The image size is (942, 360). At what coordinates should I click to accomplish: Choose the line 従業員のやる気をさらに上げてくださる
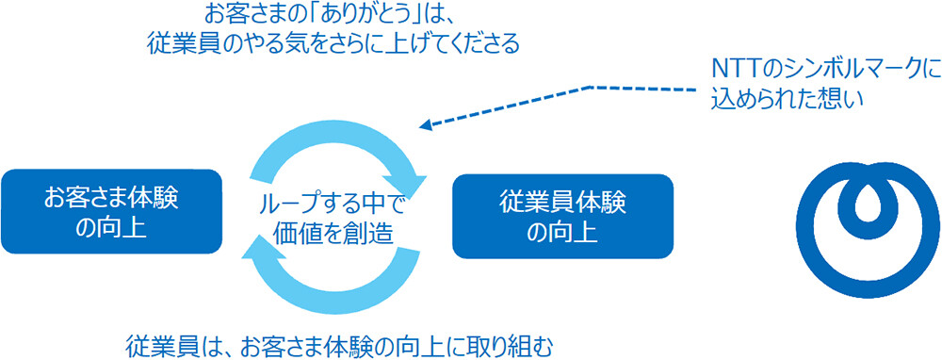333,43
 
